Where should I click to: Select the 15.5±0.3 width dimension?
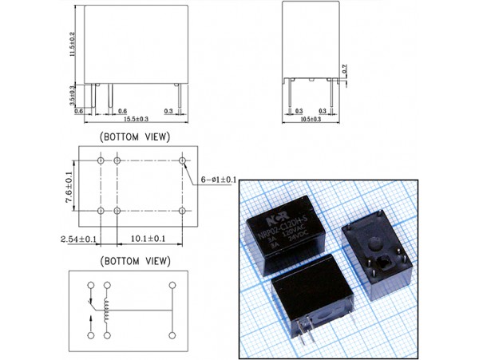[x=135, y=119]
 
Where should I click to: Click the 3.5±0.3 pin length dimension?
[x=72, y=95]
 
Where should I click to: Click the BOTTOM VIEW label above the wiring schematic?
[x=134, y=261]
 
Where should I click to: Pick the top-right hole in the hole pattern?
[x=183, y=160]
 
